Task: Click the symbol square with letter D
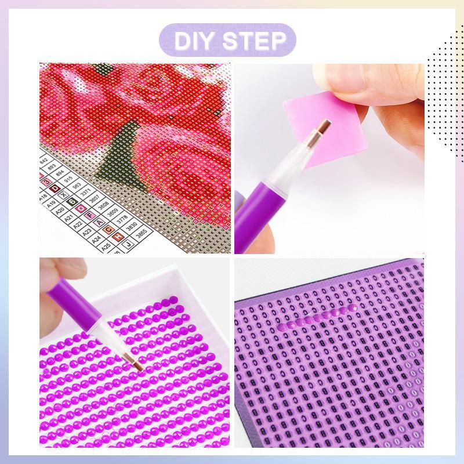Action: [x=55, y=188]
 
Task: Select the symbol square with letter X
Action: [x=64, y=195]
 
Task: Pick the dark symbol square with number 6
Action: [x=72, y=201]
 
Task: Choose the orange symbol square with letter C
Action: [x=108, y=230]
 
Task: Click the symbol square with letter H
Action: [x=118, y=237]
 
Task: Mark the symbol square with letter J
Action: [x=128, y=245]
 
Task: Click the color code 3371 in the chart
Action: [x=86, y=193]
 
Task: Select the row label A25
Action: [x=106, y=246]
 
